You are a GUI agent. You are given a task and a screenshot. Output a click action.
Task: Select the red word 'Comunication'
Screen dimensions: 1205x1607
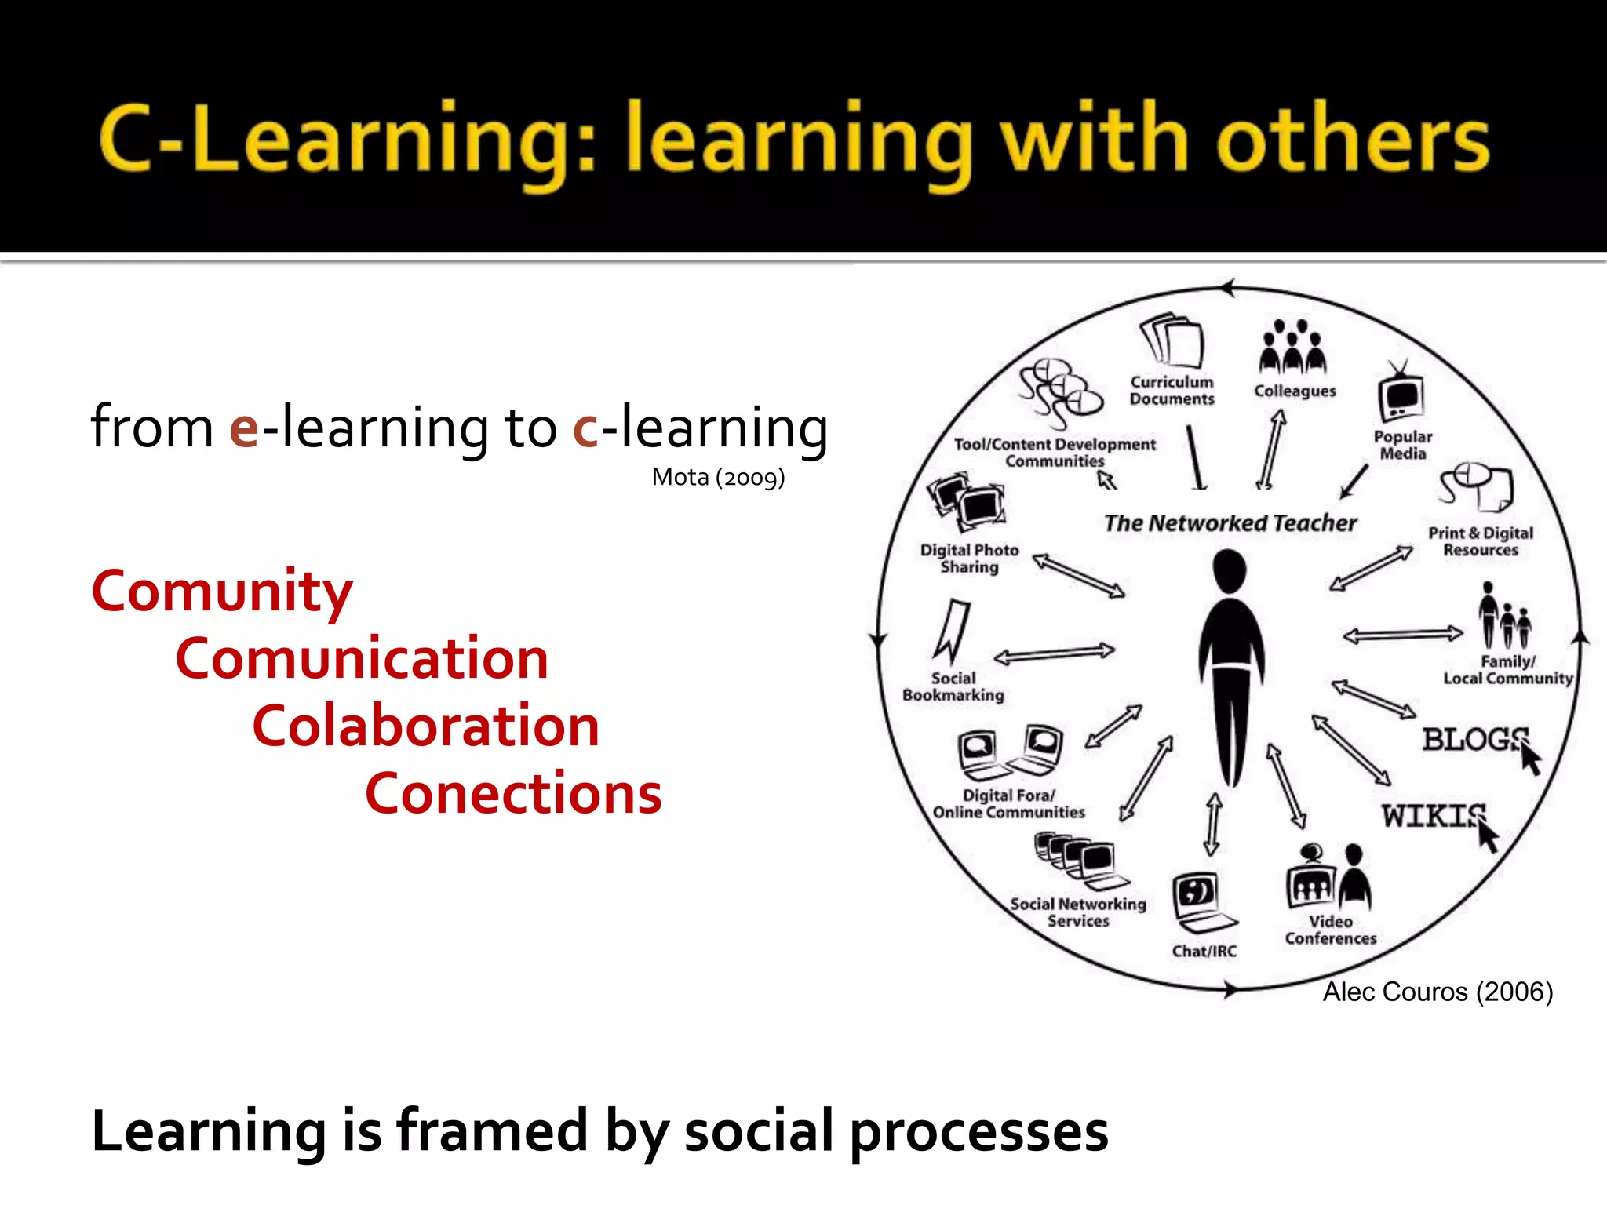click(x=362, y=659)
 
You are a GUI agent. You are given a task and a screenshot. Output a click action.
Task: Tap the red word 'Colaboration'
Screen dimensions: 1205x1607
click(x=426, y=726)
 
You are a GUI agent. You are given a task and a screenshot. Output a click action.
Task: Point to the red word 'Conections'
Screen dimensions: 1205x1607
click(x=513, y=794)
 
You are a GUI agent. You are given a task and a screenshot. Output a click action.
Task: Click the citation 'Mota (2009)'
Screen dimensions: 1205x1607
click(x=718, y=477)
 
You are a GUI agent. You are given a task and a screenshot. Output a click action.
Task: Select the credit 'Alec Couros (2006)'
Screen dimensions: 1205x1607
click(x=1438, y=992)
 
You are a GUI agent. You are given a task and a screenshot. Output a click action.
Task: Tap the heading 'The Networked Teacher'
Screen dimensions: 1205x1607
click(x=1230, y=523)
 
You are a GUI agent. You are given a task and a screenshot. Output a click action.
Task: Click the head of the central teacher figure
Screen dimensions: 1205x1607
click(x=1229, y=570)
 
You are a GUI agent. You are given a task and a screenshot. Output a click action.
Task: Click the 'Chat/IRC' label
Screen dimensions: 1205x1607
click(x=1204, y=951)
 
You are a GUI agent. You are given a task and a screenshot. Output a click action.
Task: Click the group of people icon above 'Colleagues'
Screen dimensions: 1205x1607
click(x=1292, y=348)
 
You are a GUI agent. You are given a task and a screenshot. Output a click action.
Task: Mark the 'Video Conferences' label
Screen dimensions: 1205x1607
click(x=1331, y=930)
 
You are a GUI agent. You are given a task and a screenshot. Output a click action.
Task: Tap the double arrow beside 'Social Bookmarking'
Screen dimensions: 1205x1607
click(x=1054, y=653)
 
